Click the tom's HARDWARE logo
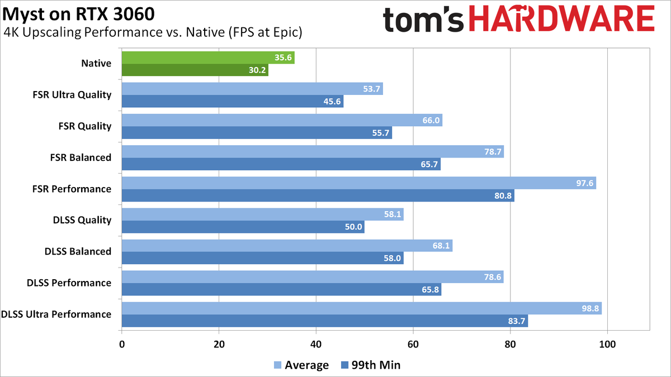pos(518,20)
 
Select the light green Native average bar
pos(207,58)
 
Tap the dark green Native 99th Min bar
pos(195,70)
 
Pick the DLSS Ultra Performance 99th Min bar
pos(324,321)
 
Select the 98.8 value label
pos(590,309)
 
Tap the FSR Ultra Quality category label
pos(72,95)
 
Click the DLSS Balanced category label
pos(78,251)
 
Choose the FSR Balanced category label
pos(81,158)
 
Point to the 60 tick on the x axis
pos(413,345)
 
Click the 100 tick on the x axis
pos(607,345)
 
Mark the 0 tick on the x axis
pos(122,345)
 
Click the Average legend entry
pos(301,365)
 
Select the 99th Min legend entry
pos(370,365)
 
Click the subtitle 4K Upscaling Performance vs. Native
pos(153,32)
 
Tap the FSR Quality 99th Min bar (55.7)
pos(257,133)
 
